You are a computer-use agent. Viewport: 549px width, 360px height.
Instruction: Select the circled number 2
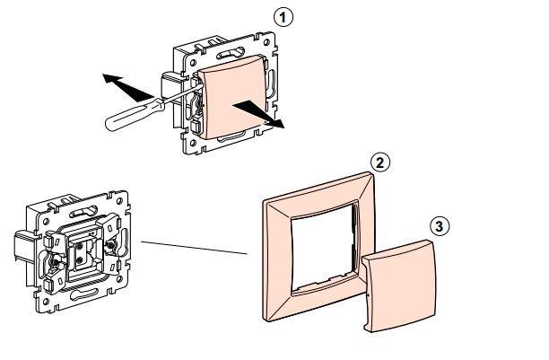click(x=381, y=162)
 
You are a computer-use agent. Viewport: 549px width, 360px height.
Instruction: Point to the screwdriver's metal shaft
click(x=175, y=96)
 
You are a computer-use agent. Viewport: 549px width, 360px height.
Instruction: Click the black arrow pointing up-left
click(x=120, y=86)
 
